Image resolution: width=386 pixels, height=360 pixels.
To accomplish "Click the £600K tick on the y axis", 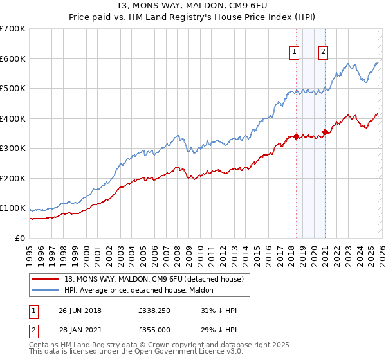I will [x=13, y=59].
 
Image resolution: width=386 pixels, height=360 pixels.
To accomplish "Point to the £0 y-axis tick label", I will [x=19, y=238].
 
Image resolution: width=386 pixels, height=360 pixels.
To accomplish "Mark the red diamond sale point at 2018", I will [x=296, y=136].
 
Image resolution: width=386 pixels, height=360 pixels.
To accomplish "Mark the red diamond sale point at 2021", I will [x=326, y=132].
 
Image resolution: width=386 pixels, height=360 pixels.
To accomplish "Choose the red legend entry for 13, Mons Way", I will [x=153, y=280].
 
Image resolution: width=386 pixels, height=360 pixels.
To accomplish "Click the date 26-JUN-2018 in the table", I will [x=80, y=310].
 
